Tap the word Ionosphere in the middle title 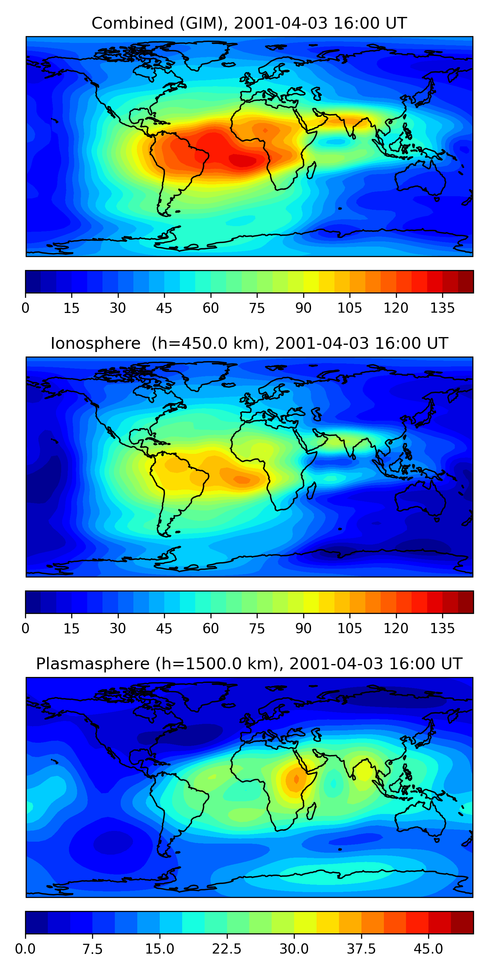point(95,344)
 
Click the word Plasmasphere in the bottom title point(93,664)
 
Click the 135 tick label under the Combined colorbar point(442,308)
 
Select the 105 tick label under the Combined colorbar point(349,308)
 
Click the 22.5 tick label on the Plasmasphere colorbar point(226,949)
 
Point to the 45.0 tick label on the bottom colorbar point(428,949)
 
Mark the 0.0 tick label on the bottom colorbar point(25,949)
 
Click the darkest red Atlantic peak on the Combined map point(242,161)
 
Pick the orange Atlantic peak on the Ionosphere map point(242,480)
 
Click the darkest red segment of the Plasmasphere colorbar point(462,922)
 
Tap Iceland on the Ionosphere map point(228,385)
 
